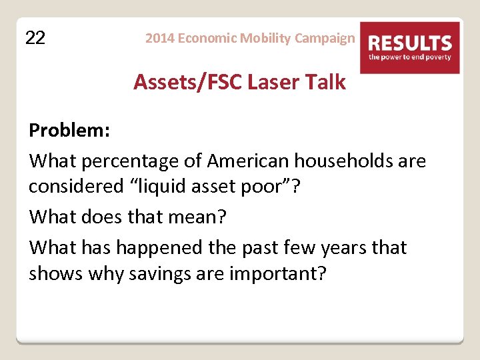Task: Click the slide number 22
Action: [x=35, y=38]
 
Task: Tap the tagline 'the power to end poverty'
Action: [x=411, y=57]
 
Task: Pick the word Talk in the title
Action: [x=325, y=82]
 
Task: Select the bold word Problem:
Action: [x=69, y=131]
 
